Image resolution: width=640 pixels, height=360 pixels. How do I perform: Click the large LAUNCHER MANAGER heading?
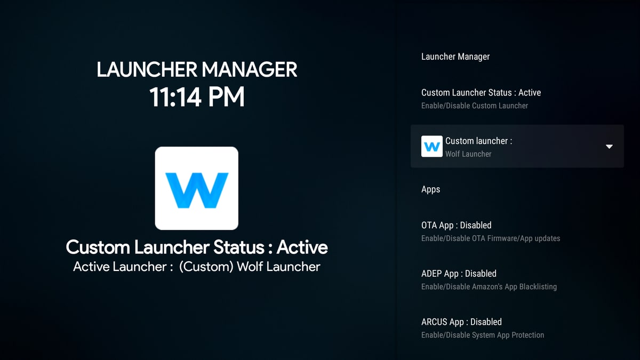[197, 69]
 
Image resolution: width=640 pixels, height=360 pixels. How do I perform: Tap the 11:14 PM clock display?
[197, 97]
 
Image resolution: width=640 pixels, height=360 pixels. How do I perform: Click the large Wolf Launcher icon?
[197, 188]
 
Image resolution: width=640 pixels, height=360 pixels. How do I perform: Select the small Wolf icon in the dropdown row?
[431, 146]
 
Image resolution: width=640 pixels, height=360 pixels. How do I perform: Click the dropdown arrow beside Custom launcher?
[609, 147]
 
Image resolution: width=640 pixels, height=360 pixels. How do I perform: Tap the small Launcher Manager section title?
[455, 57]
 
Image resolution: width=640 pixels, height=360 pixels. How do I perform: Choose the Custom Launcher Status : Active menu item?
[481, 93]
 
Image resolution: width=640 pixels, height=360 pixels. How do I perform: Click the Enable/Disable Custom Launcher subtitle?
[475, 106]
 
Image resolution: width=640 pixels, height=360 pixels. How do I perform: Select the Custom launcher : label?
[479, 141]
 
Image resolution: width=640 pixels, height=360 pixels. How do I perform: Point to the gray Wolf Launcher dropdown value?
[468, 154]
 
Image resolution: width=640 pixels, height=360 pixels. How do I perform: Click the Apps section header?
[430, 189]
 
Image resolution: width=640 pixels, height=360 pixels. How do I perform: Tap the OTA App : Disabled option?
[457, 225]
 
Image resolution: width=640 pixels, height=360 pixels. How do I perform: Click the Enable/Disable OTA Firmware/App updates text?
[491, 238]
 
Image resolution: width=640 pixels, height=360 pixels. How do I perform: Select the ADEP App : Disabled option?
[459, 274]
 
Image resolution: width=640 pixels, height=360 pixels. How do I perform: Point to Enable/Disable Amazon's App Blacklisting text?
[489, 286]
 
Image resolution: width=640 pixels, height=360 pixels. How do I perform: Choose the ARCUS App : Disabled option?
[461, 322]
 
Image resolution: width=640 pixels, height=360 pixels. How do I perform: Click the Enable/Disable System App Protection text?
[483, 335]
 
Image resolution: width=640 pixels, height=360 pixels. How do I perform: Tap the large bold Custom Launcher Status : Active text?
[197, 247]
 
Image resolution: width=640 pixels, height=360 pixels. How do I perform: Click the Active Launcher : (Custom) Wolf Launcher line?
[197, 267]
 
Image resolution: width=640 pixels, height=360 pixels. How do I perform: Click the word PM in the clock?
[226, 97]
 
